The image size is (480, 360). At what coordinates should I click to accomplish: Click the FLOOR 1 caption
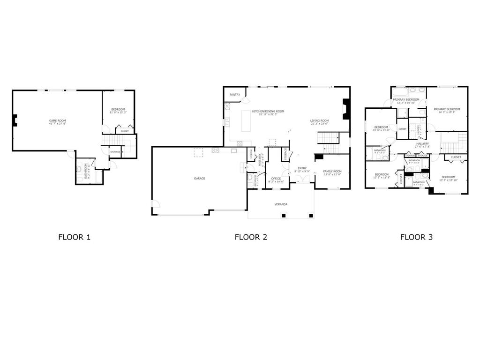pyautogui.click(x=74, y=237)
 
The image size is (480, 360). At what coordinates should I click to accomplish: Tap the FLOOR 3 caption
pyautogui.click(x=416, y=237)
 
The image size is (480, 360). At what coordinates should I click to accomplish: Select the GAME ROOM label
pyautogui.click(x=57, y=121)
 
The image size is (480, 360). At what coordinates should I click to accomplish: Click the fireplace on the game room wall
pyautogui.click(x=15, y=120)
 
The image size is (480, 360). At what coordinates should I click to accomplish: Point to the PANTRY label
pyautogui.click(x=235, y=95)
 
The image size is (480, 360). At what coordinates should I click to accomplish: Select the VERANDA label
pyautogui.click(x=281, y=204)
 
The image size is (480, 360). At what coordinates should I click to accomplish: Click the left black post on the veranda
pyautogui.click(x=284, y=216)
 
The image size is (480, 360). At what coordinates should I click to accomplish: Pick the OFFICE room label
pyautogui.click(x=276, y=178)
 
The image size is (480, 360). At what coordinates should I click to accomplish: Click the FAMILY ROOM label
pyautogui.click(x=332, y=172)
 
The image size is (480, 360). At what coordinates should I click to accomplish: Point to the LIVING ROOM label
pyautogui.click(x=319, y=121)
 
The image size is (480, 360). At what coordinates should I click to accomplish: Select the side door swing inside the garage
pyautogui.click(x=155, y=205)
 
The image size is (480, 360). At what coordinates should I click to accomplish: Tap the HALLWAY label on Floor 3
pyautogui.click(x=422, y=144)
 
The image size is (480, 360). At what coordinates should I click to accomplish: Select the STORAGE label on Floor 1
pyautogui.click(x=115, y=152)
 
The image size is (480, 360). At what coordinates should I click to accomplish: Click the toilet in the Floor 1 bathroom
pyautogui.click(x=80, y=167)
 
